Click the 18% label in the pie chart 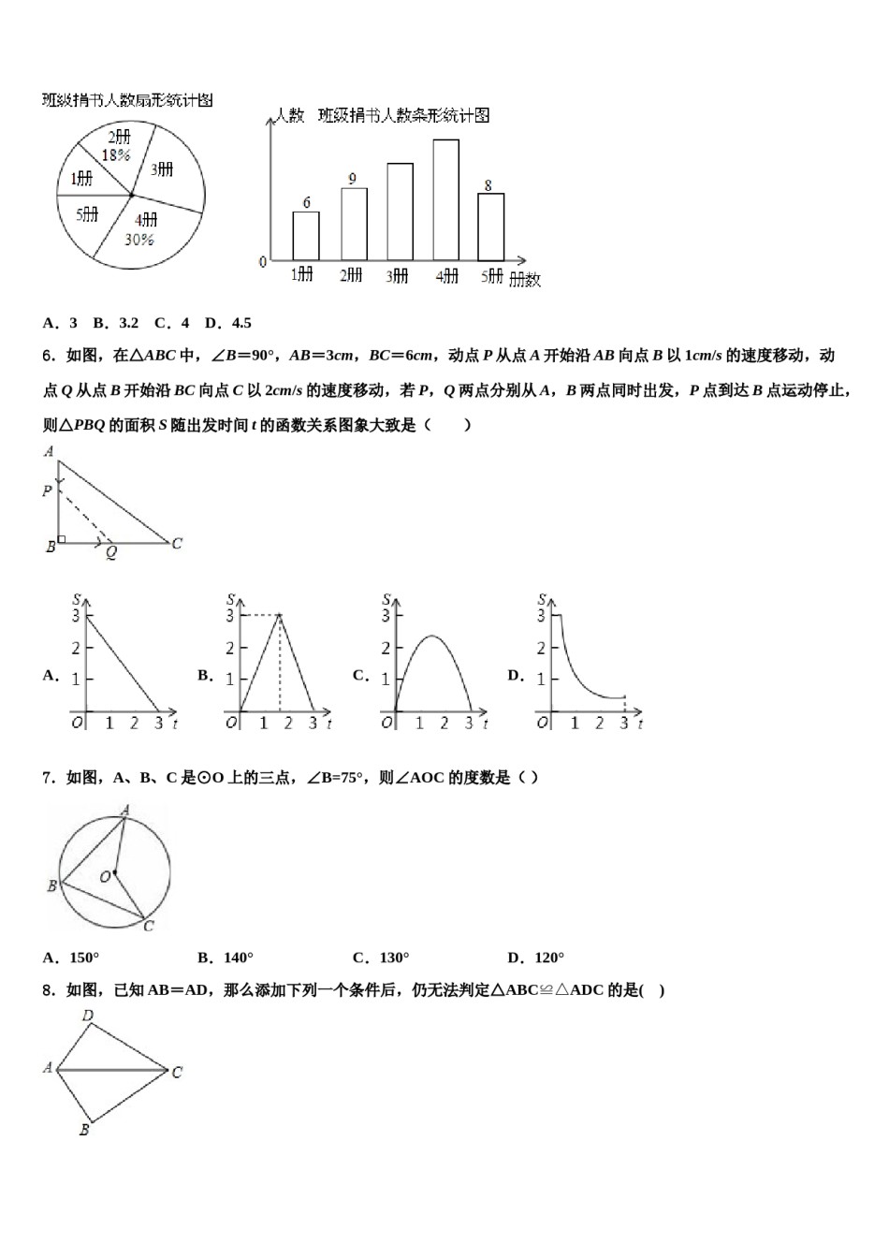pyautogui.click(x=116, y=155)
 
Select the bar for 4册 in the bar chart pyautogui.click(x=445, y=199)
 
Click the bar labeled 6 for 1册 pyautogui.click(x=306, y=236)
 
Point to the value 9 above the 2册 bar pyautogui.click(x=352, y=179)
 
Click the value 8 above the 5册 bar pyautogui.click(x=488, y=185)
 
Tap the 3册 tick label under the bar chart pyautogui.click(x=398, y=276)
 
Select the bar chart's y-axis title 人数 pyautogui.click(x=288, y=116)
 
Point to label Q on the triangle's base pyautogui.click(x=110, y=553)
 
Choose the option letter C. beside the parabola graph pyautogui.click(x=360, y=675)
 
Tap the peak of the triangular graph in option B pyautogui.click(x=279, y=615)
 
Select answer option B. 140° pyautogui.click(x=226, y=958)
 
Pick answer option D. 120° pyautogui.click(x=535, y=958)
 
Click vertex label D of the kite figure pyautogui.click(x=87, y=1016)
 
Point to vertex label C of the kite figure pyautogui.click(x=177, y=1072)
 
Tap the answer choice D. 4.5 pyautogui.click(x=228, y=323)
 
